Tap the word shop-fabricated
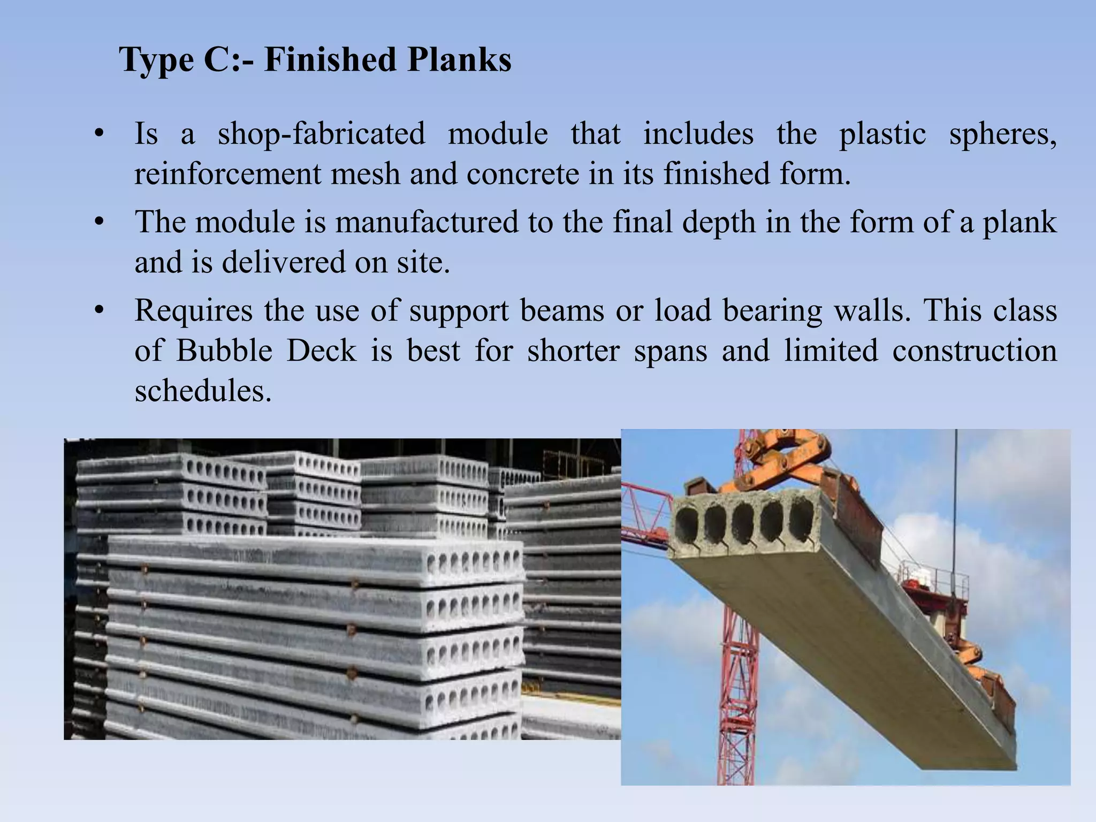[x=321, y=134]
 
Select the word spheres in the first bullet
[x=1002, y=135]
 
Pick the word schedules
[x=203, y=391]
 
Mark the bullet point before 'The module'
[x=98, y=222]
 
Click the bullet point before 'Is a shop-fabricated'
[x=98, y=134]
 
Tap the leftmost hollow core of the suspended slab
[x=687, y=522]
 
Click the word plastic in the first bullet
[x=882, y=135]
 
